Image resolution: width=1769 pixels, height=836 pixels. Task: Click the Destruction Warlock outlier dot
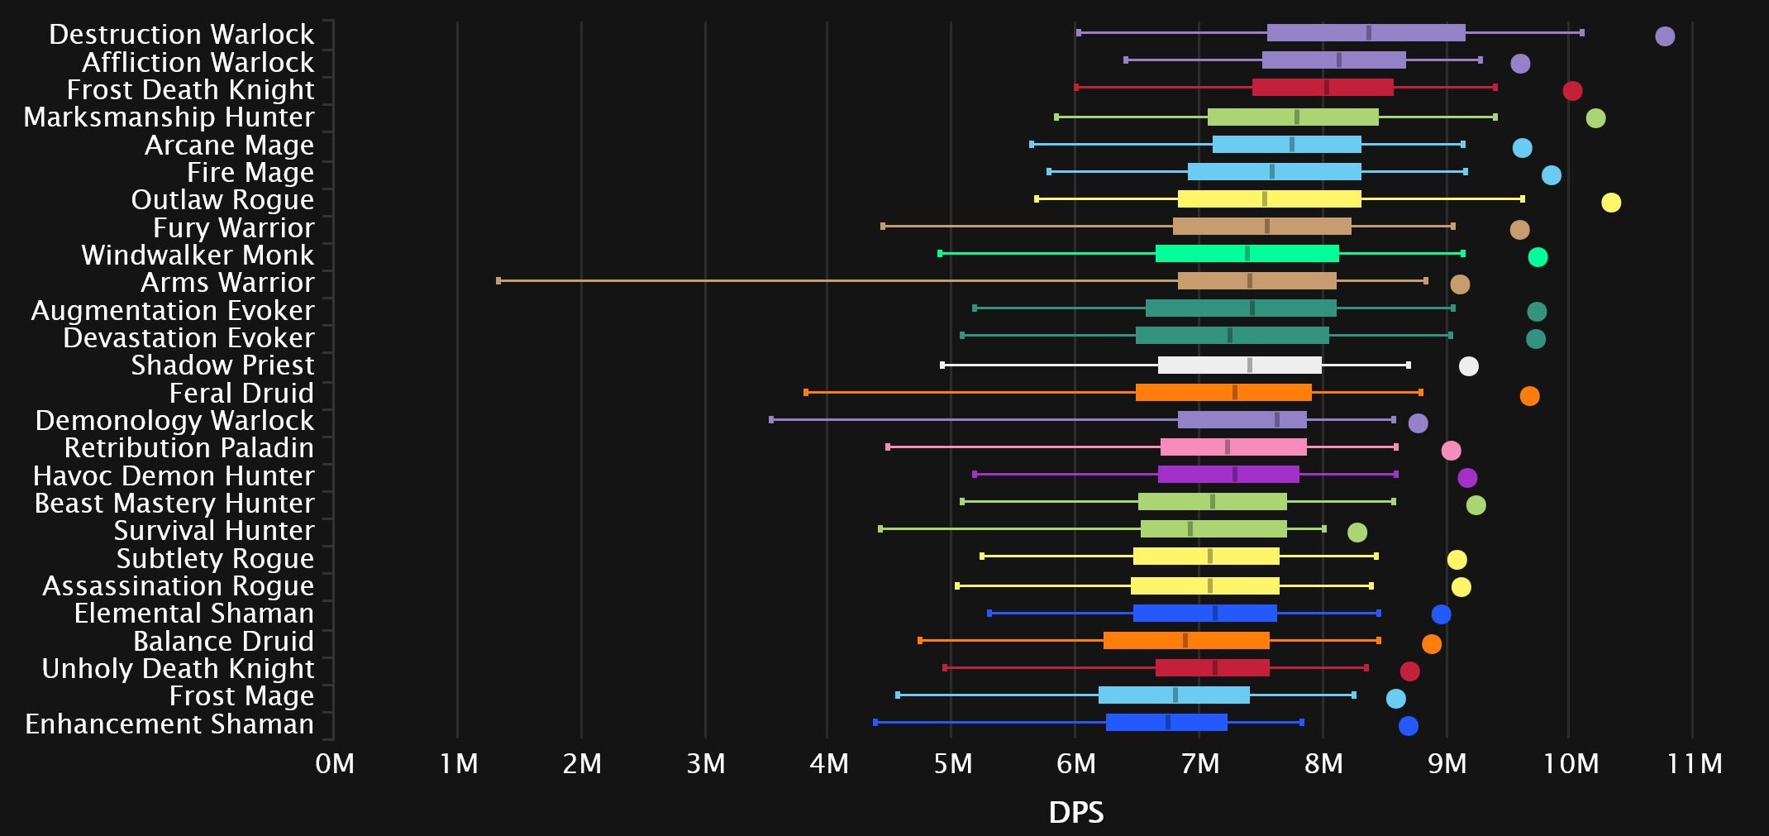tap(1664, 36)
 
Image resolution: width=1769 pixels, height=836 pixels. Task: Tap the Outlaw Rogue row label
tap(222, 200)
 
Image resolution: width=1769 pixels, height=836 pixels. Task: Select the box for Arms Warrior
tap(1256, 281)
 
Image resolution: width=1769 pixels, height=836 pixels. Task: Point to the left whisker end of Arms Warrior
tap(498, 281)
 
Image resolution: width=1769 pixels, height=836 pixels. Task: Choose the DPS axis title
tap(1075, 813)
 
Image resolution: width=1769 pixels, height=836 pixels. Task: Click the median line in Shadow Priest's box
tap(1249, 365)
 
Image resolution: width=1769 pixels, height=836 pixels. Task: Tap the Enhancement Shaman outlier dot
tap(1408, 726)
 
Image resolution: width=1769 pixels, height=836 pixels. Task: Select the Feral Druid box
tap(1223, 393)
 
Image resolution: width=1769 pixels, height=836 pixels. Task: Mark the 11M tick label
tap(1694, 763)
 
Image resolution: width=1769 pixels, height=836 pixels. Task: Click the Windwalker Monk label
tap(198, 256)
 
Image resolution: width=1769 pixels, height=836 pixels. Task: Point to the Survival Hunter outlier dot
tap(1357, 533)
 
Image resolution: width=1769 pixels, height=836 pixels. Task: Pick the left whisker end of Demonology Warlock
tap(771, 420)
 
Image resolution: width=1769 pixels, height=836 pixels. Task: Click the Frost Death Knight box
tap(1323, 88)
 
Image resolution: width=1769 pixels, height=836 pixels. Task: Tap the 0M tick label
tap(335, 763)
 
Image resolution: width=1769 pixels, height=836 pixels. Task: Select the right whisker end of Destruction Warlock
tap(1581, 33)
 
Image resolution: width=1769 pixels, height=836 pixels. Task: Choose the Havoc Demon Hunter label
tap(174, 476)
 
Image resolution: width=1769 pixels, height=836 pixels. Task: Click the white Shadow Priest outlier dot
tap(1468, 366)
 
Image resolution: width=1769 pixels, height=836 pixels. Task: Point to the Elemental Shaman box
tap(1204, 614)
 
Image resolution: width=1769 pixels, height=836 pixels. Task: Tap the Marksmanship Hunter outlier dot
tap(1595, 118)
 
